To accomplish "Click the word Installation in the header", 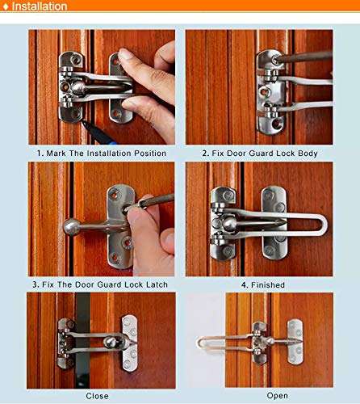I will pyautogui.click(x=40, y=6).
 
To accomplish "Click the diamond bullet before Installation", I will pyautogui.click(x=6, y=6).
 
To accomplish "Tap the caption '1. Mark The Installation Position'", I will pyautogui.click(x=101, y=153).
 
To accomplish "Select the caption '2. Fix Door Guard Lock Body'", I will pyautogui.click(x=259, y=153).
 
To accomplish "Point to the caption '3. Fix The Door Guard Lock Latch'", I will pyautogui.click(x=101, y=284).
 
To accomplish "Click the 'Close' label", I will pyautogui.click(x=98, y=396).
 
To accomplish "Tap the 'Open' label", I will pyautogui.click(x=277, y=396).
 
